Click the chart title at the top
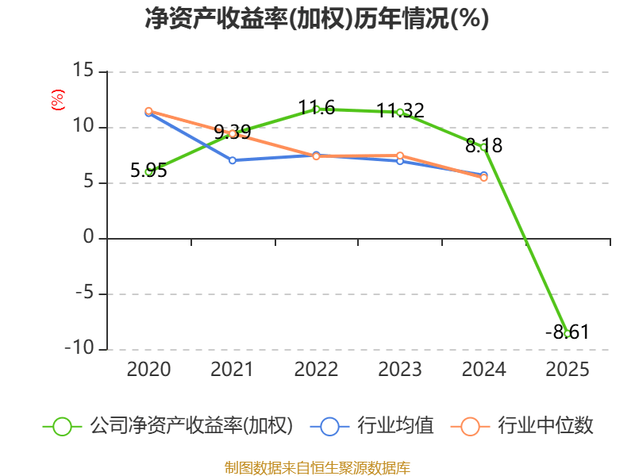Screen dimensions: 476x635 [x=317, y=18]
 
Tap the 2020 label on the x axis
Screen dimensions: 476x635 [x=148, y=369]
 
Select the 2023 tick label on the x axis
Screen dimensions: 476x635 [x=400, y=369]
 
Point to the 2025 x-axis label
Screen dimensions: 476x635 [x=568, y=369]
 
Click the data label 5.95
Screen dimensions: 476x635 [x=148, y=170]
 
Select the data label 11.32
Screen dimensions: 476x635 [x=400, y=110]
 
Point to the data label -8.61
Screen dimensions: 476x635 [x=567, y=332]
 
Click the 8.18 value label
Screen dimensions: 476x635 [x=483, y=146]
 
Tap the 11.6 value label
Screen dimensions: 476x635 [x=316, y=107]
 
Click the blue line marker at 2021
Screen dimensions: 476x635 [x=233, y=160]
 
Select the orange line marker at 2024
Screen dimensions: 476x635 [x=484, y=178]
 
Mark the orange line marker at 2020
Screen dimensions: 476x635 [x=148, y=111]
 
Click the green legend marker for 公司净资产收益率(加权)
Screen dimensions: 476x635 [x=63, y=426]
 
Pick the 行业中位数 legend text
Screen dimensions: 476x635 [x=545, y=426]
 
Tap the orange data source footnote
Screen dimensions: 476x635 [x=317, y=467]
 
